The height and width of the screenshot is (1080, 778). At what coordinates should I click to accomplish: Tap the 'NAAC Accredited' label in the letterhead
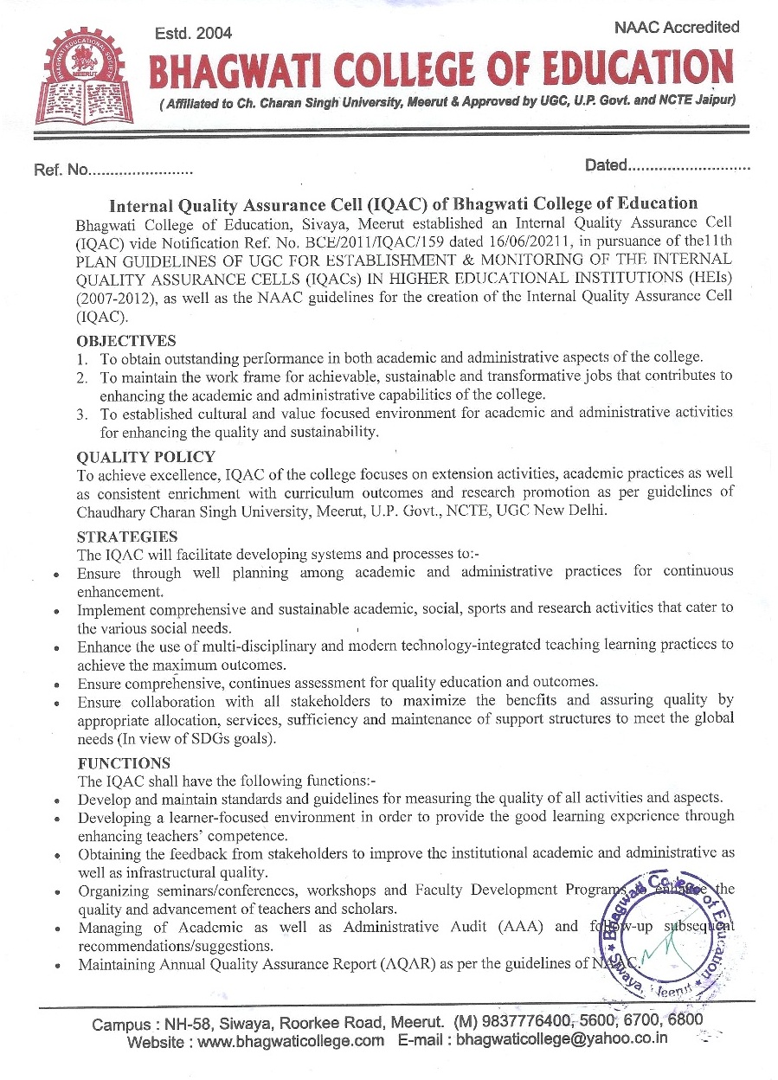click(676, 27)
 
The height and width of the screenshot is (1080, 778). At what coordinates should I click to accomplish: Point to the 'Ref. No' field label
click(61, 170)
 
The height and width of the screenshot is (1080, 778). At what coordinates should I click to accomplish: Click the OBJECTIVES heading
click(126, 341)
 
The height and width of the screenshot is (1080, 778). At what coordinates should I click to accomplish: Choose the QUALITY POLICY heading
click(145, 457)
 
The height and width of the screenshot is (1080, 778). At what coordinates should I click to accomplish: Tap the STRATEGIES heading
click(126, 537)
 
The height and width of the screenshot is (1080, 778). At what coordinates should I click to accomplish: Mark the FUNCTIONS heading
click(124, 763)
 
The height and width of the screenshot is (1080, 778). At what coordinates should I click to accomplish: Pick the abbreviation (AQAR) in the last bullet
click(430, 965)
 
